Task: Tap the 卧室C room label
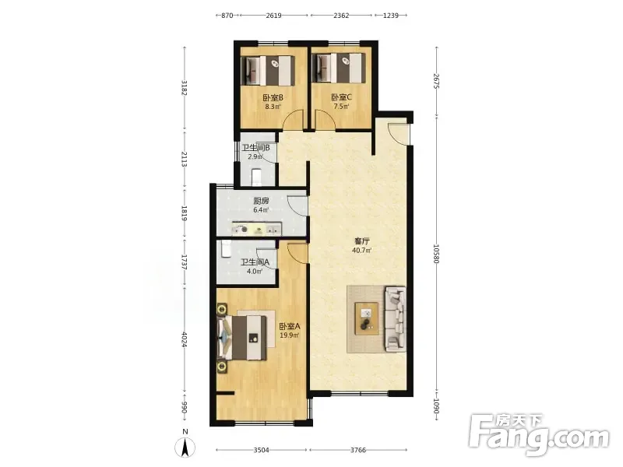point(341,97)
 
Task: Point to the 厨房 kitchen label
point(261,201)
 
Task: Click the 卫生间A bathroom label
point(255,262)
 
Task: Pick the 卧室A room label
point(289,326)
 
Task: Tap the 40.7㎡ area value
point(361,251)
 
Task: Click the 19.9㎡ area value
point(289,335)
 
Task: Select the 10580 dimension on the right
point(437,254)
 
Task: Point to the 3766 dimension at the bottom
point(358,450)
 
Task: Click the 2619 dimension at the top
point(273,16)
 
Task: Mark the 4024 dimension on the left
point(184,339)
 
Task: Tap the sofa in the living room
point(395,319)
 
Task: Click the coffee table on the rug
point(367,318)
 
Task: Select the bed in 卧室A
point(242,338)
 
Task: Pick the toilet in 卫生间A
point(226,249)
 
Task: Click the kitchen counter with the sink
point(257,229)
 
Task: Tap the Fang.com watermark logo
point(539,435)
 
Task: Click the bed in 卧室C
point(339,68)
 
